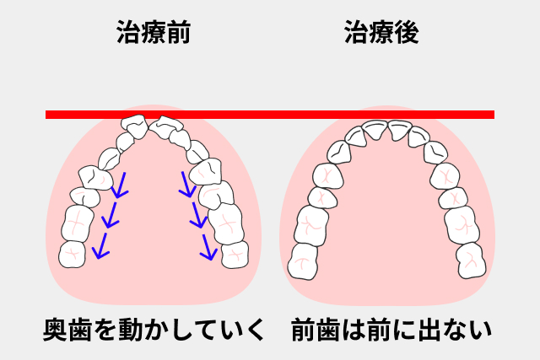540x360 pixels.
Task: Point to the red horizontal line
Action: (270, 115)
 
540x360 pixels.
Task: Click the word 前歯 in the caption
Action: (318, 330)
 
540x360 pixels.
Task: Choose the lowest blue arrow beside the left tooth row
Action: (100, 245)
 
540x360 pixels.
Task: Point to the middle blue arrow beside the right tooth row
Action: (197, 215)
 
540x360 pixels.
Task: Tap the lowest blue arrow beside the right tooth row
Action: (206, 245)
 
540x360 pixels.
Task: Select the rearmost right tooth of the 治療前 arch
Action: (235, 254)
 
